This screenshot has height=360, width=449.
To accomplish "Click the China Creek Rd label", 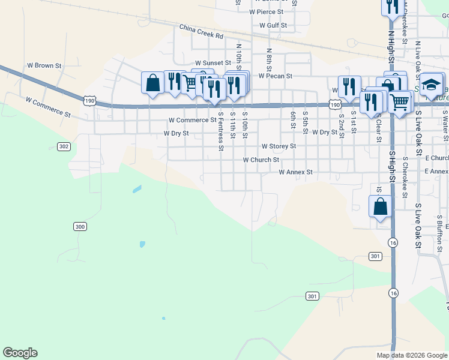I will coord(201,32).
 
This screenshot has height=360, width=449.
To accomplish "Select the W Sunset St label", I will coord(213,62).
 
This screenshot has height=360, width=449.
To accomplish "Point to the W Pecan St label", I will coord(275,76).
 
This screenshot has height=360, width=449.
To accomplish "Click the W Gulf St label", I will coord(273,26).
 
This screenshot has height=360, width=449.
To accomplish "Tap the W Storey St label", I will coord(279,146).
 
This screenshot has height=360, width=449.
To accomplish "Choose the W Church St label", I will coord(261,160).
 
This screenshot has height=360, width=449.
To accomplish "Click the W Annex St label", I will coord(296,172).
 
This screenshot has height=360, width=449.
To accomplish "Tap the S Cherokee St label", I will coord(406,178).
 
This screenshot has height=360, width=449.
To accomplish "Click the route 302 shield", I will coord(64,146).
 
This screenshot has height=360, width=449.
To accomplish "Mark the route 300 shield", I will coord(80,226).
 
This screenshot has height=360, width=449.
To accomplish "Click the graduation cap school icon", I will coord(432,84).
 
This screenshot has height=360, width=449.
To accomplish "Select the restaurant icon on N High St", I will coord(390,7).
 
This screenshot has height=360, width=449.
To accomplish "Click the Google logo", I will coord(20,353).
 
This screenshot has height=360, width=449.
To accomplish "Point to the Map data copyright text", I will coord(412,355).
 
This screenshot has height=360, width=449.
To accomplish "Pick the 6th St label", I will coord(293,119).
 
